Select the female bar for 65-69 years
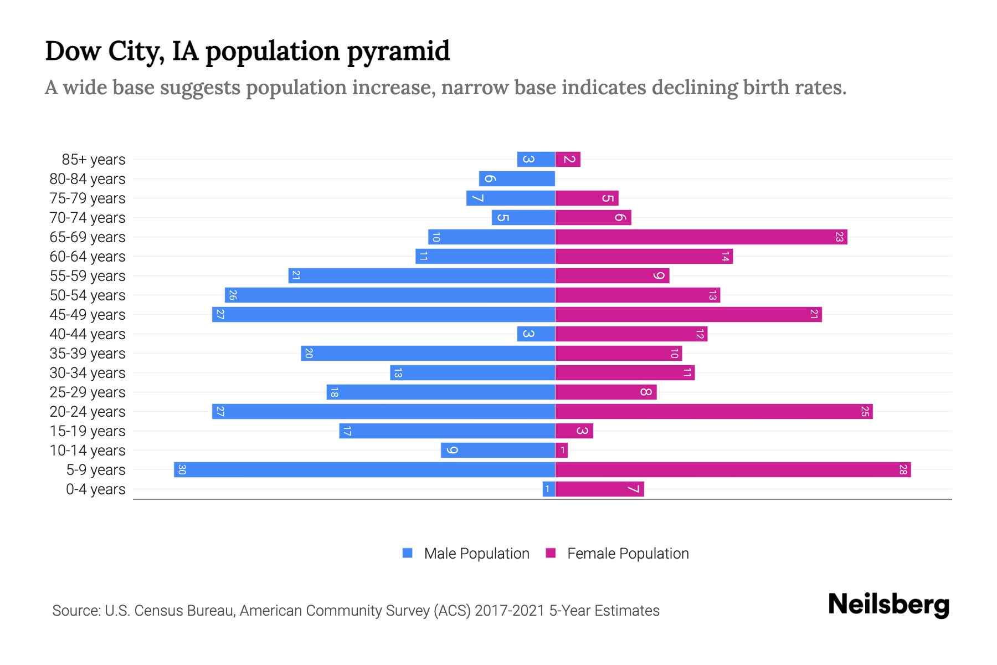pos(701,237)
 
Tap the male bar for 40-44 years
pos(536,334)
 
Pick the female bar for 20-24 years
pos(714,412)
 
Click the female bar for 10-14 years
pos(562,451)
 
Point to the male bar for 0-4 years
pos(549,489)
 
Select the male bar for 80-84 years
pos(517,179)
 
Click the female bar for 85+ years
pos(568,160)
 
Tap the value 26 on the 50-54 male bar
pos(233,295)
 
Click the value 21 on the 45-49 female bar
pos(814,315)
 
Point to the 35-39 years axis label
pos(88,354)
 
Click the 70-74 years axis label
pos(88,218)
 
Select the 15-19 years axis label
pos(88,431)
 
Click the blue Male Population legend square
pos(408,553)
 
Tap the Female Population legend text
pos(628,554)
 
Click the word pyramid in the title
pos(398,52)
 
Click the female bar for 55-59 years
pos(612,276)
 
